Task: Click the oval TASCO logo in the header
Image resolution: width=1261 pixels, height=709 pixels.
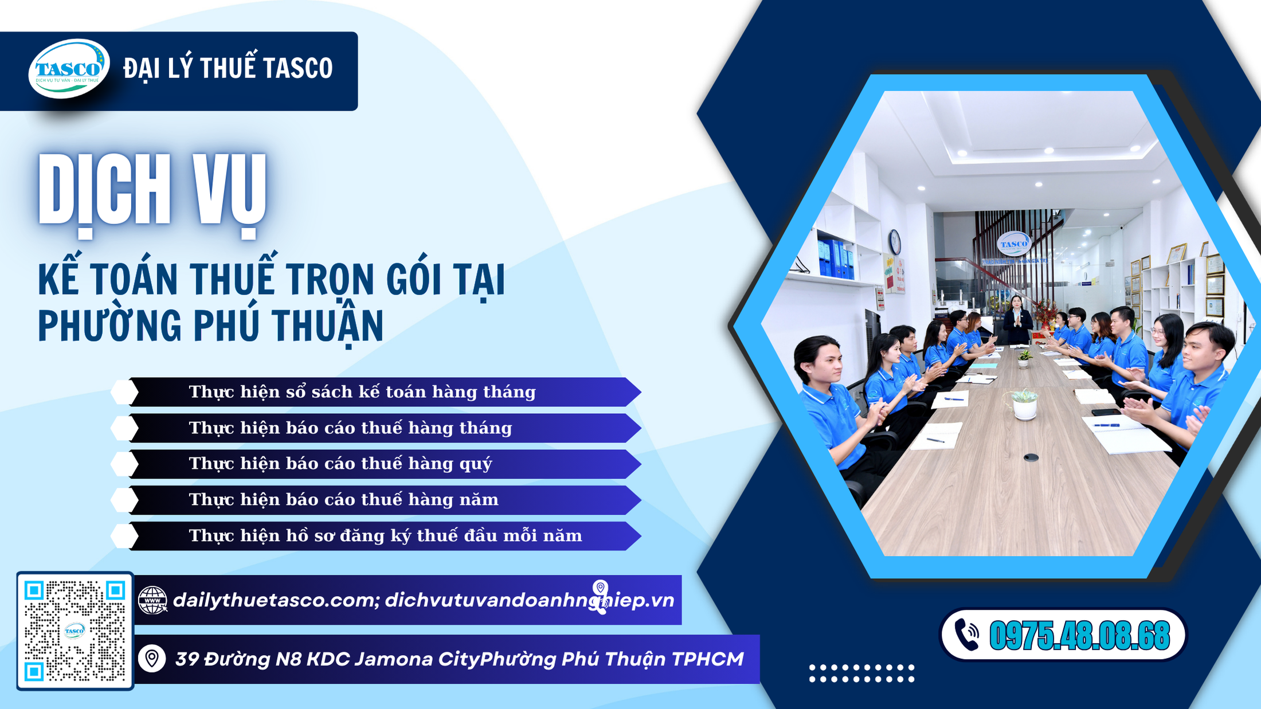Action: [x=69, y=69]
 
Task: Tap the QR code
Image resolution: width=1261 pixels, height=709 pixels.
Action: [x=75, y=630]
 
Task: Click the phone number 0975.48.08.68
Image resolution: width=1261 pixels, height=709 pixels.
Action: [x=1079, y=636]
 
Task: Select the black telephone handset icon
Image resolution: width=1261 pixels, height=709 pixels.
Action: [x=967, y=635]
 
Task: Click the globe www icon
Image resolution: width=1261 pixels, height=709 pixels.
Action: [x=152, y=600]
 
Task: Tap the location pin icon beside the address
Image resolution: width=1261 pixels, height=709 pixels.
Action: [x=152, y=659]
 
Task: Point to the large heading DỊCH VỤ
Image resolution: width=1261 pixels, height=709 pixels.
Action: [x=152, y=192]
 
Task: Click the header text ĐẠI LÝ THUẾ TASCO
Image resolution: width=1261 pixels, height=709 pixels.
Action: [x=228, y=68]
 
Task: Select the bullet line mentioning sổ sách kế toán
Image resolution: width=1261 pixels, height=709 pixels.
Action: [x=362, y=392]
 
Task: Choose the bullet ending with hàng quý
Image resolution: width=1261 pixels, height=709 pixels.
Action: [x=340, y=464]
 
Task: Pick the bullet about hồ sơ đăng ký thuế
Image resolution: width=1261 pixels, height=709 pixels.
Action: [x=385, y=536]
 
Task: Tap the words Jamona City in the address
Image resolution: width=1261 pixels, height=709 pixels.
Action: [x=416, y=659]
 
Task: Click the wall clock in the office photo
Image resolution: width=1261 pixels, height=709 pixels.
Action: [x=895, y=242]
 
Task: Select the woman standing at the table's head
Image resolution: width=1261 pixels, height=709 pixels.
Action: [x=1017, y=319]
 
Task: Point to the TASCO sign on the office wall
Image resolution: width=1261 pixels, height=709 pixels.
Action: [x=1013, y=244]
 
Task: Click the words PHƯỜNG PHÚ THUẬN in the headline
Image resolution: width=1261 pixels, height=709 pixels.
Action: [x=210, y=326]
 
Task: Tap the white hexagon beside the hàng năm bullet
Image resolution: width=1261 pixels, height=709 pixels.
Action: [x=124, y=500]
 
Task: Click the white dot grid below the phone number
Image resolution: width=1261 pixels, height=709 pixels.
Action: [x=861, y=673]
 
